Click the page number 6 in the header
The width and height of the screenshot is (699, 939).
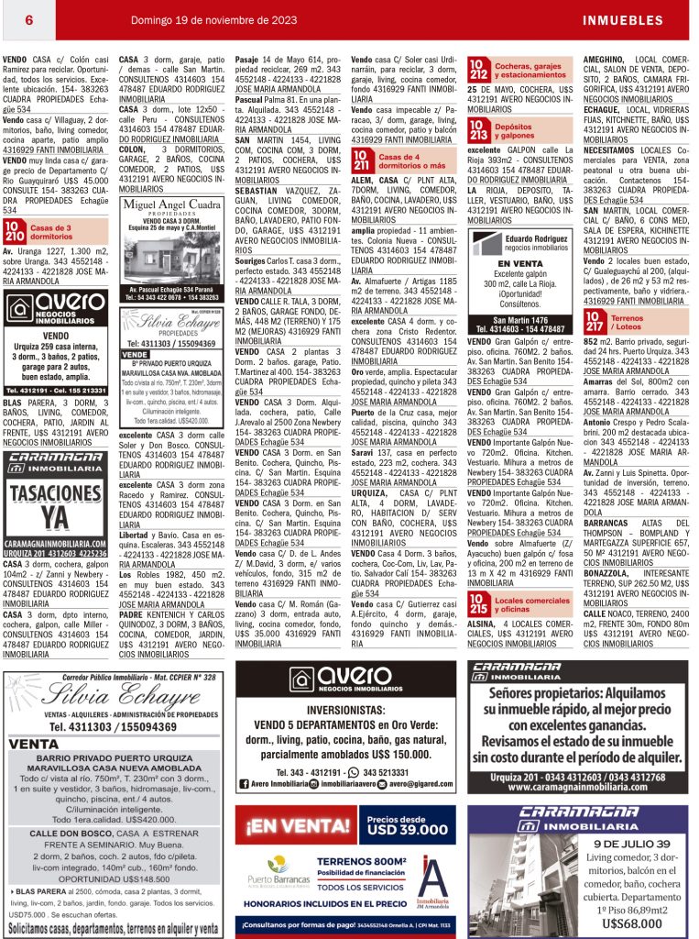point(30,19)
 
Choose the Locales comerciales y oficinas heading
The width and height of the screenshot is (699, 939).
point(531,605)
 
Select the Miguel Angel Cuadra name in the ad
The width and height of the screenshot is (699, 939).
point(171,204)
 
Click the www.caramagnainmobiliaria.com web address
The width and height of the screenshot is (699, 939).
point(578,788)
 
